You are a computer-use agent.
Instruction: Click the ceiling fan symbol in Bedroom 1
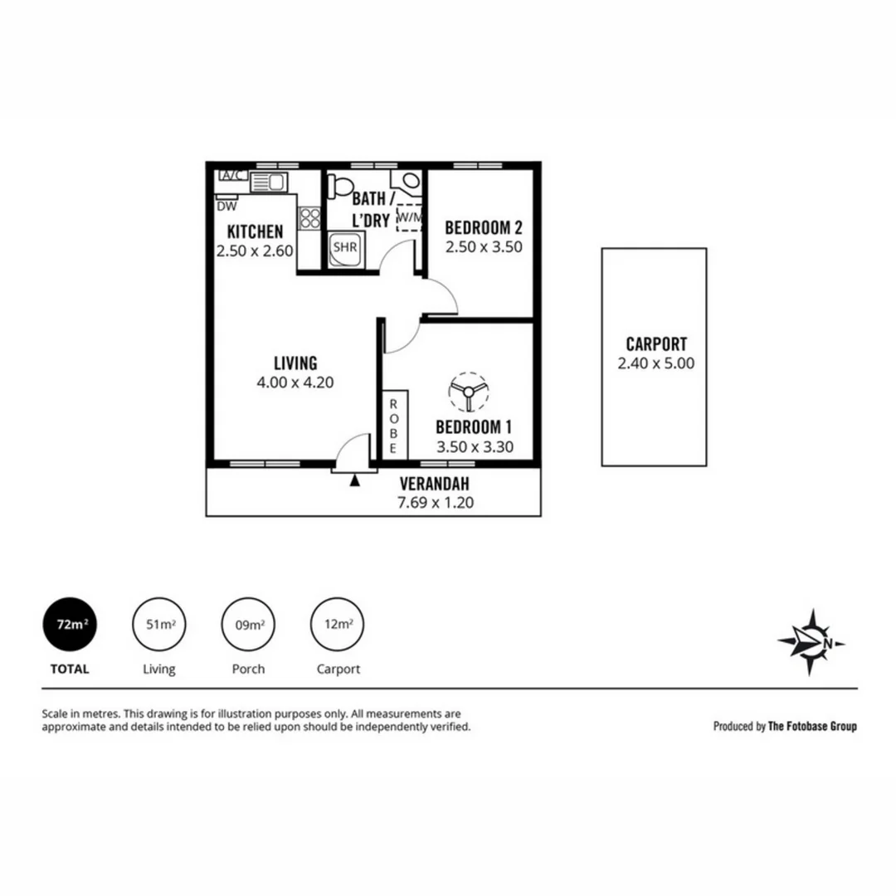[x=468, y=391]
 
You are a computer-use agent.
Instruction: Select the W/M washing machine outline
[x=409, y=217]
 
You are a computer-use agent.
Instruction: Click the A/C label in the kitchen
[x=232, y=176]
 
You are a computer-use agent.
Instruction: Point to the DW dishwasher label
[x=225, y=205]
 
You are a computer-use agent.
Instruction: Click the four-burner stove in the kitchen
[x=309, y=217]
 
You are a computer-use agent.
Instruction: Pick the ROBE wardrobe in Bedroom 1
[x=394, y=422]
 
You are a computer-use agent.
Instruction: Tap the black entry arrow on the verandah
[x=355, y=480]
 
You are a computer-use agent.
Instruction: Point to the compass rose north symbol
[x=811, y=641]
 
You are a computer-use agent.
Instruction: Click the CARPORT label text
[x=656, y=344]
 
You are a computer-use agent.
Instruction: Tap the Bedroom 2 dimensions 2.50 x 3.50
[x=484, y=246]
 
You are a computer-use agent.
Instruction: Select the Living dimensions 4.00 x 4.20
[x=295, y=382]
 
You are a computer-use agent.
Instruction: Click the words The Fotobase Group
[x=812, y=726]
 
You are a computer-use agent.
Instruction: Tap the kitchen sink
[x=269, y=182]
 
